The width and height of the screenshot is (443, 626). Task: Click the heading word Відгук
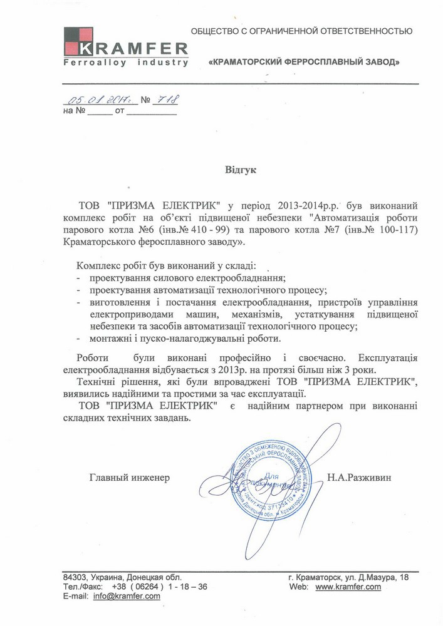pyautogui.click(x=241, y=170)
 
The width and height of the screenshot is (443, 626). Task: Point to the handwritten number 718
pyautogui.click(x=166, y=99)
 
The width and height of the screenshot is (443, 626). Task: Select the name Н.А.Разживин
pyautogui.click(x=358, y=478)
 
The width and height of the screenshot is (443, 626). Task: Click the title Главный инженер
pyautogui.click(x=130, y=478)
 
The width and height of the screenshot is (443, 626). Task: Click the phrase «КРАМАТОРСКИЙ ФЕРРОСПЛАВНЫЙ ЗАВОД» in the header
pyautogui.click(x=303, y=63)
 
